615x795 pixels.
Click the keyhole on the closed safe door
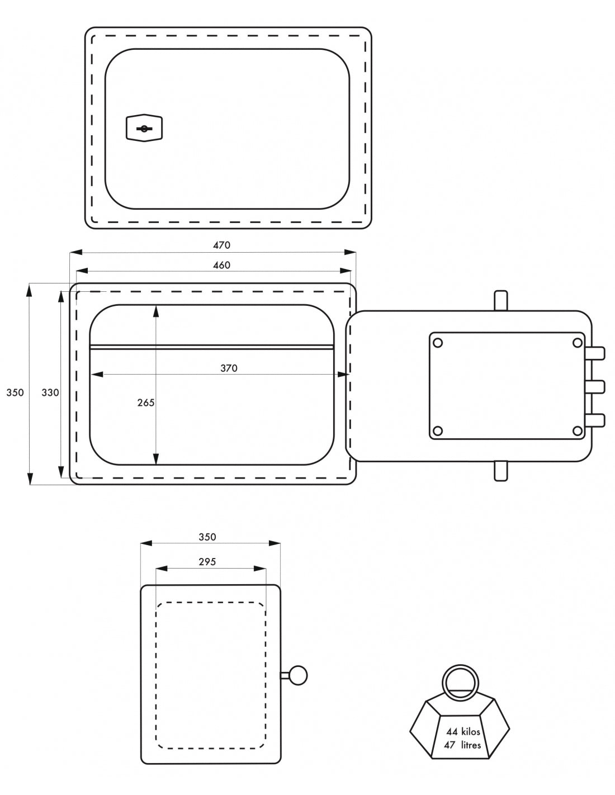coord(144,129)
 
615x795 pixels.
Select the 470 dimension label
coord(221,245)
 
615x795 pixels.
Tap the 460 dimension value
coord(221,265)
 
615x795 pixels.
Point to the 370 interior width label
coord(228,368)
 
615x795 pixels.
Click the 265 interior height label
coord(145,402)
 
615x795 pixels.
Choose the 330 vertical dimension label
coord(50,392)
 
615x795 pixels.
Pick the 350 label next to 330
coord(15,392)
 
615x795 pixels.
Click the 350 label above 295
coord(207,537)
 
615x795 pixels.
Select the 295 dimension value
coord(207,562)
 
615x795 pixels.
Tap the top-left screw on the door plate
coord(438,342)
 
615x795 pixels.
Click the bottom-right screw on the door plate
coord(577,430)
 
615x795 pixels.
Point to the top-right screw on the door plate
coord(577,342)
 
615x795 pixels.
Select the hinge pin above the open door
coord(501,300)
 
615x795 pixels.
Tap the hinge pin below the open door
coord(501,471)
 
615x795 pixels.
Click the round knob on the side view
coord(299,675)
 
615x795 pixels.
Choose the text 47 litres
coord(462,745)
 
